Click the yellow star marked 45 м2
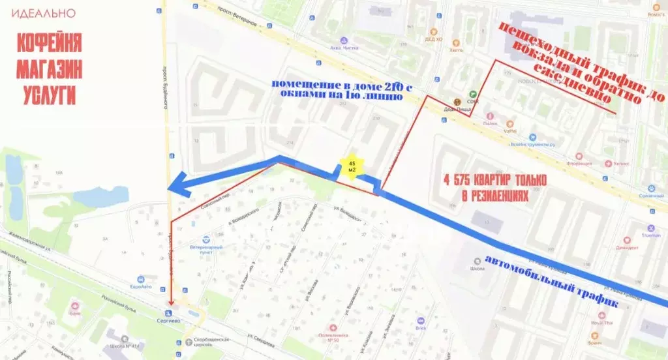coord(352,166)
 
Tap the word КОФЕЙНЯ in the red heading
coord(50,44)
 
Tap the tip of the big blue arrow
coord(171,187)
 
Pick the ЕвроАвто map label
coord(141,286)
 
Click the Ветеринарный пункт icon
coord(206,239)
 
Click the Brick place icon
coord(421,321)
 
